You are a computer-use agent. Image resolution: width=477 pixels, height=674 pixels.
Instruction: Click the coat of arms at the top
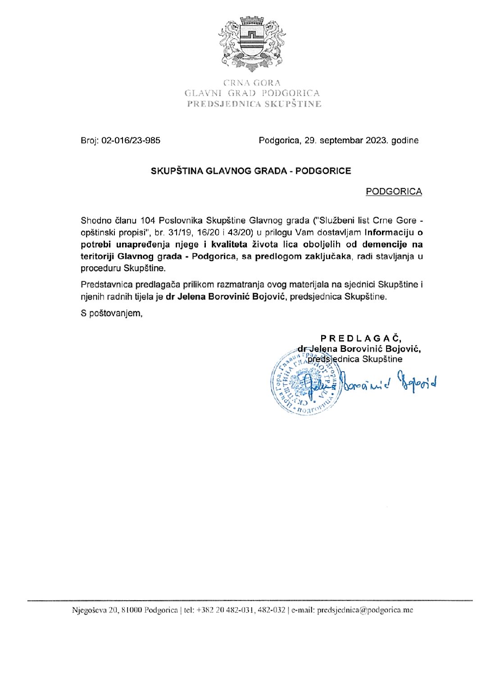(252, 44)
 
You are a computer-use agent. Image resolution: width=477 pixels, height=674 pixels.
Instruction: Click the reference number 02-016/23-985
(131, 141)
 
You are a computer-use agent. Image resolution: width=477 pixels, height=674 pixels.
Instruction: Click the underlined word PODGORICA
(394, 191)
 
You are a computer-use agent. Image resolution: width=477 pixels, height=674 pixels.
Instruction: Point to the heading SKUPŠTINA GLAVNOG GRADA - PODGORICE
(251, 171)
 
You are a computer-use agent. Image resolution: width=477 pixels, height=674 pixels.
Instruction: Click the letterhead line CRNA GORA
(252, 83)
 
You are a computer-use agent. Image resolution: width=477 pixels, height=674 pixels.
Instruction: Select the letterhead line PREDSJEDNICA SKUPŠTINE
(254, 104)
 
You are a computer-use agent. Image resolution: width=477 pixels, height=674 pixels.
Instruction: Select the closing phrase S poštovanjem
(112, 313)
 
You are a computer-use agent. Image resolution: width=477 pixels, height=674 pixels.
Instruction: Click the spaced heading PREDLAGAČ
(361, 338)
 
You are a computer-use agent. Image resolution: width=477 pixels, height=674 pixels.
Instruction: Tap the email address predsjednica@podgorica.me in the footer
(365, 610)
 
